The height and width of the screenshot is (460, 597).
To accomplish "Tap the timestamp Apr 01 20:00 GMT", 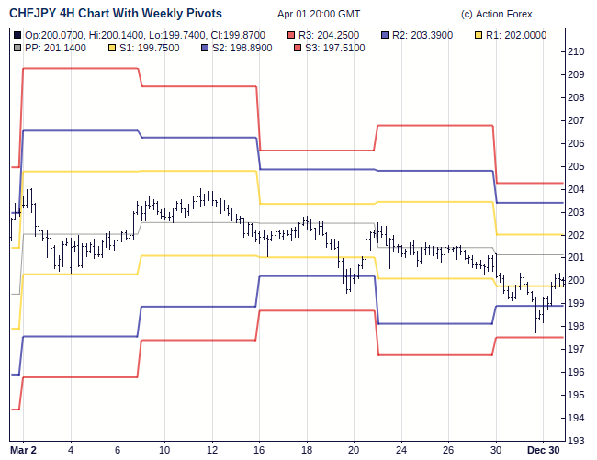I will tap(319, 15).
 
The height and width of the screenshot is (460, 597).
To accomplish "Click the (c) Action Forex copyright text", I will tap(496, 15).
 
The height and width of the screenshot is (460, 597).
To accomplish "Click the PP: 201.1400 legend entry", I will tap(55, 47).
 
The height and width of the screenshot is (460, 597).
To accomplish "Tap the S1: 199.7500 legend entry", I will tap(151, 47).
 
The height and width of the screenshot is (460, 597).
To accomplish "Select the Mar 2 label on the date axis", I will tap(23, 450).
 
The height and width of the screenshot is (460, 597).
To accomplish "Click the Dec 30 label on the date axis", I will tap(543, 450).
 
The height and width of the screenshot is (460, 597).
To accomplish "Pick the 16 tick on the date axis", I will tap(259, 450).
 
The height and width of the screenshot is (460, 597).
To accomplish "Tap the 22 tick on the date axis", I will tap(401, 450).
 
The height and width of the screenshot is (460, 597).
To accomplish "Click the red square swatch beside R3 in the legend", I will tap(291, 34).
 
